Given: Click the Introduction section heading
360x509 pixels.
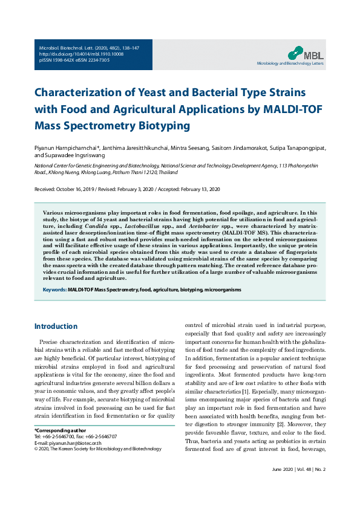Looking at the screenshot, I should click(x=56, y=326).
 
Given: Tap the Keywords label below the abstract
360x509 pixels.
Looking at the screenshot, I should click(x=54, y=290).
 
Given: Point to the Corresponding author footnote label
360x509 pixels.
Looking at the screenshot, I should click(x=61, y=430).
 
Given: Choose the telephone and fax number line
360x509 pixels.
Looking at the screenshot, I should click(x=76, y=436).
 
